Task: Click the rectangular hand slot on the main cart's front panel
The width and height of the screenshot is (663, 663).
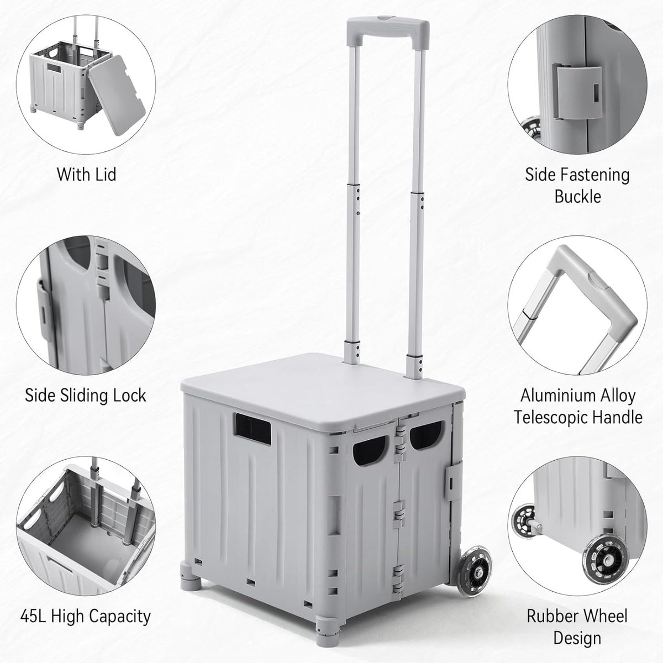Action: (x=253, y=429)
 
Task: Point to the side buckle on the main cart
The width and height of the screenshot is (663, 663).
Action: (x=454, y=481)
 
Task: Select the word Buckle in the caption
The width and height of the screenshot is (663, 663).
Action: (x=578, y=197)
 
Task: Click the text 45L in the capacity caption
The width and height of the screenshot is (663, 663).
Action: (x=33, y=616)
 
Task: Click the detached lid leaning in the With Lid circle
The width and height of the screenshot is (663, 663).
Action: (x=117, y=95)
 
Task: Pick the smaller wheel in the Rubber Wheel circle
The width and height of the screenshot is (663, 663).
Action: (x=524, y=521)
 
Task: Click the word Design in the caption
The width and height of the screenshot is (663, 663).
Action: (x=577, y=638)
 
